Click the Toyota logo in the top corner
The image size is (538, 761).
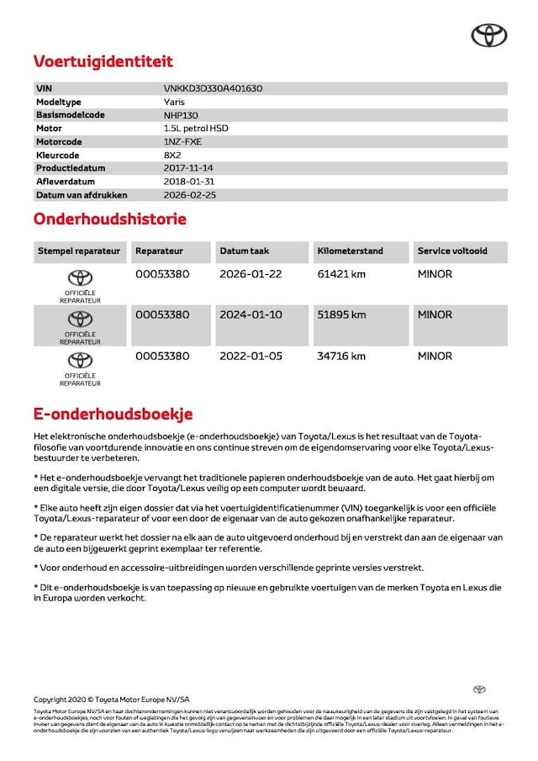tap(488, 34)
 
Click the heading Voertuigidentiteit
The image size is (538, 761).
tap(103, 61)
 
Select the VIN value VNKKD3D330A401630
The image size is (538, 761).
tap(218, 88)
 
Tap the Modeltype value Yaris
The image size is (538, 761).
tap(175, 102)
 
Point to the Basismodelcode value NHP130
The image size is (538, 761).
tap(181, 115)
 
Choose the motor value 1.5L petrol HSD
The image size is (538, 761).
tap(196, 129)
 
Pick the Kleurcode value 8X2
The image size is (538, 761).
tap(172, 156)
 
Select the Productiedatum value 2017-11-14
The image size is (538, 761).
tap(189, 168)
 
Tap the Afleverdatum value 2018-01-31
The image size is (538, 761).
tap(189, 182)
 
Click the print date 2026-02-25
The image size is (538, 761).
tap(189, 195)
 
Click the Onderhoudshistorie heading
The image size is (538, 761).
tap(109, 219)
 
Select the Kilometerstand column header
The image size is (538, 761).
tap(350, 251)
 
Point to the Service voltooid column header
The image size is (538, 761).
tap(452, 251)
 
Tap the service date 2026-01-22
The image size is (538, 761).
tap(251, 274)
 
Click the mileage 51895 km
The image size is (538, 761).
tap(341, 314)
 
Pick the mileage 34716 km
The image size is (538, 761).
tap(341, 356)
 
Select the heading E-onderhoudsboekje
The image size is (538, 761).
tap(113, 414)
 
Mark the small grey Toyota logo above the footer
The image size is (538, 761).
tap(479, 690)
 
